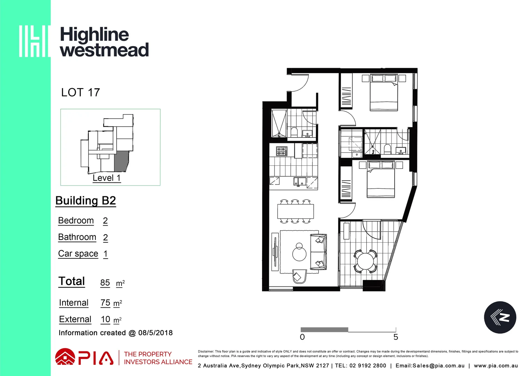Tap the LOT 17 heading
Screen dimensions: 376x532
tap(80, 93)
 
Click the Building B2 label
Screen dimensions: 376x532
tap(86, 201)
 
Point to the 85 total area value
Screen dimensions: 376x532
tap(105, 283)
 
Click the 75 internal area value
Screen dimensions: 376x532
tap(105, 303)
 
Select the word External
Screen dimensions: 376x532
tap(75, 319)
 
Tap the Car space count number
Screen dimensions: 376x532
tap(105, 254)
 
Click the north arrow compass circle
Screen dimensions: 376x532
tap(500, 317)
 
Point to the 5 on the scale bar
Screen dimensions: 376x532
tap(396, 337)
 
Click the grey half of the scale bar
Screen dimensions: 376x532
tap(324, 330)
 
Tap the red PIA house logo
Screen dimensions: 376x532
tap(65, 357)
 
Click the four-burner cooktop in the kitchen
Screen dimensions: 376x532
tap(281, 151)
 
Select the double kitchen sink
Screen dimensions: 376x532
tap(300, 181)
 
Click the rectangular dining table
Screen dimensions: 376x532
tap(295, 211)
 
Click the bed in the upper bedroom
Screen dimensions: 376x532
tap(384, 92)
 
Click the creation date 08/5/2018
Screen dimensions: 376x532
tap(155, 333)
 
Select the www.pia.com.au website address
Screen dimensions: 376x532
tap(495, 366)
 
